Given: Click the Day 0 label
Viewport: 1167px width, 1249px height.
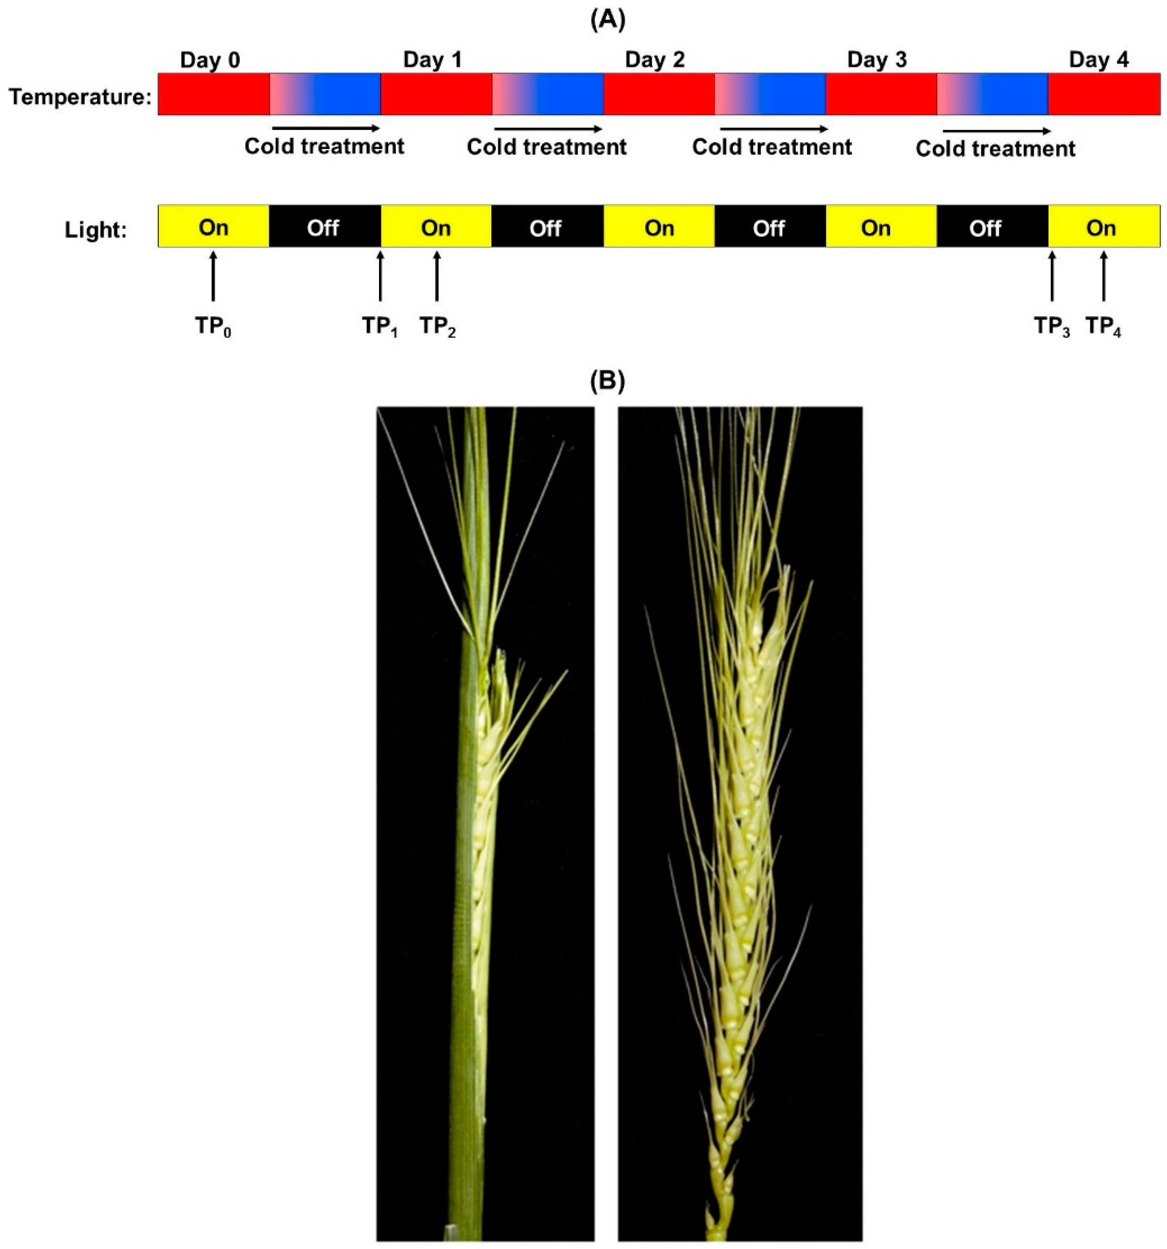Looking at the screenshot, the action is point(210,60).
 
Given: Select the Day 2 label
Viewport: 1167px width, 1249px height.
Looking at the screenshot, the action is point(654,60).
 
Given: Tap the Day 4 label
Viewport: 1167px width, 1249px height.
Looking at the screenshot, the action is point(1099,60).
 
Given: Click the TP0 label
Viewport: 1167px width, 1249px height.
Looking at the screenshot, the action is point(213,326).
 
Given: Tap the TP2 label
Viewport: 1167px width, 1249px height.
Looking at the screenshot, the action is point(437,326).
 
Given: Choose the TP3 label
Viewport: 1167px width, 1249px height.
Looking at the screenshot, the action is point(1052,326).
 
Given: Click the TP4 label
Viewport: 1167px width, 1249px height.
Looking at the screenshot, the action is point(1104,326).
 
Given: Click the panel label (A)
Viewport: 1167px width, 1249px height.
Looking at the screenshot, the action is point(608,20).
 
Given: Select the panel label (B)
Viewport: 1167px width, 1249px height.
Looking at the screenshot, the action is point(608,381).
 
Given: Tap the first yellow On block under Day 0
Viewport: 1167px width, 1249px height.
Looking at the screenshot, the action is point(213,227).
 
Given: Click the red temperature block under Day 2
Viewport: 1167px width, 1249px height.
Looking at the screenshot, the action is point(658,94).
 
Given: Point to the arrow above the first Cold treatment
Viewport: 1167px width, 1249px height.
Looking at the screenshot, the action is point(325,128).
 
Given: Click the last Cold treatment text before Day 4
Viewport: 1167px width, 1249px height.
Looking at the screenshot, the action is point(995,149).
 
